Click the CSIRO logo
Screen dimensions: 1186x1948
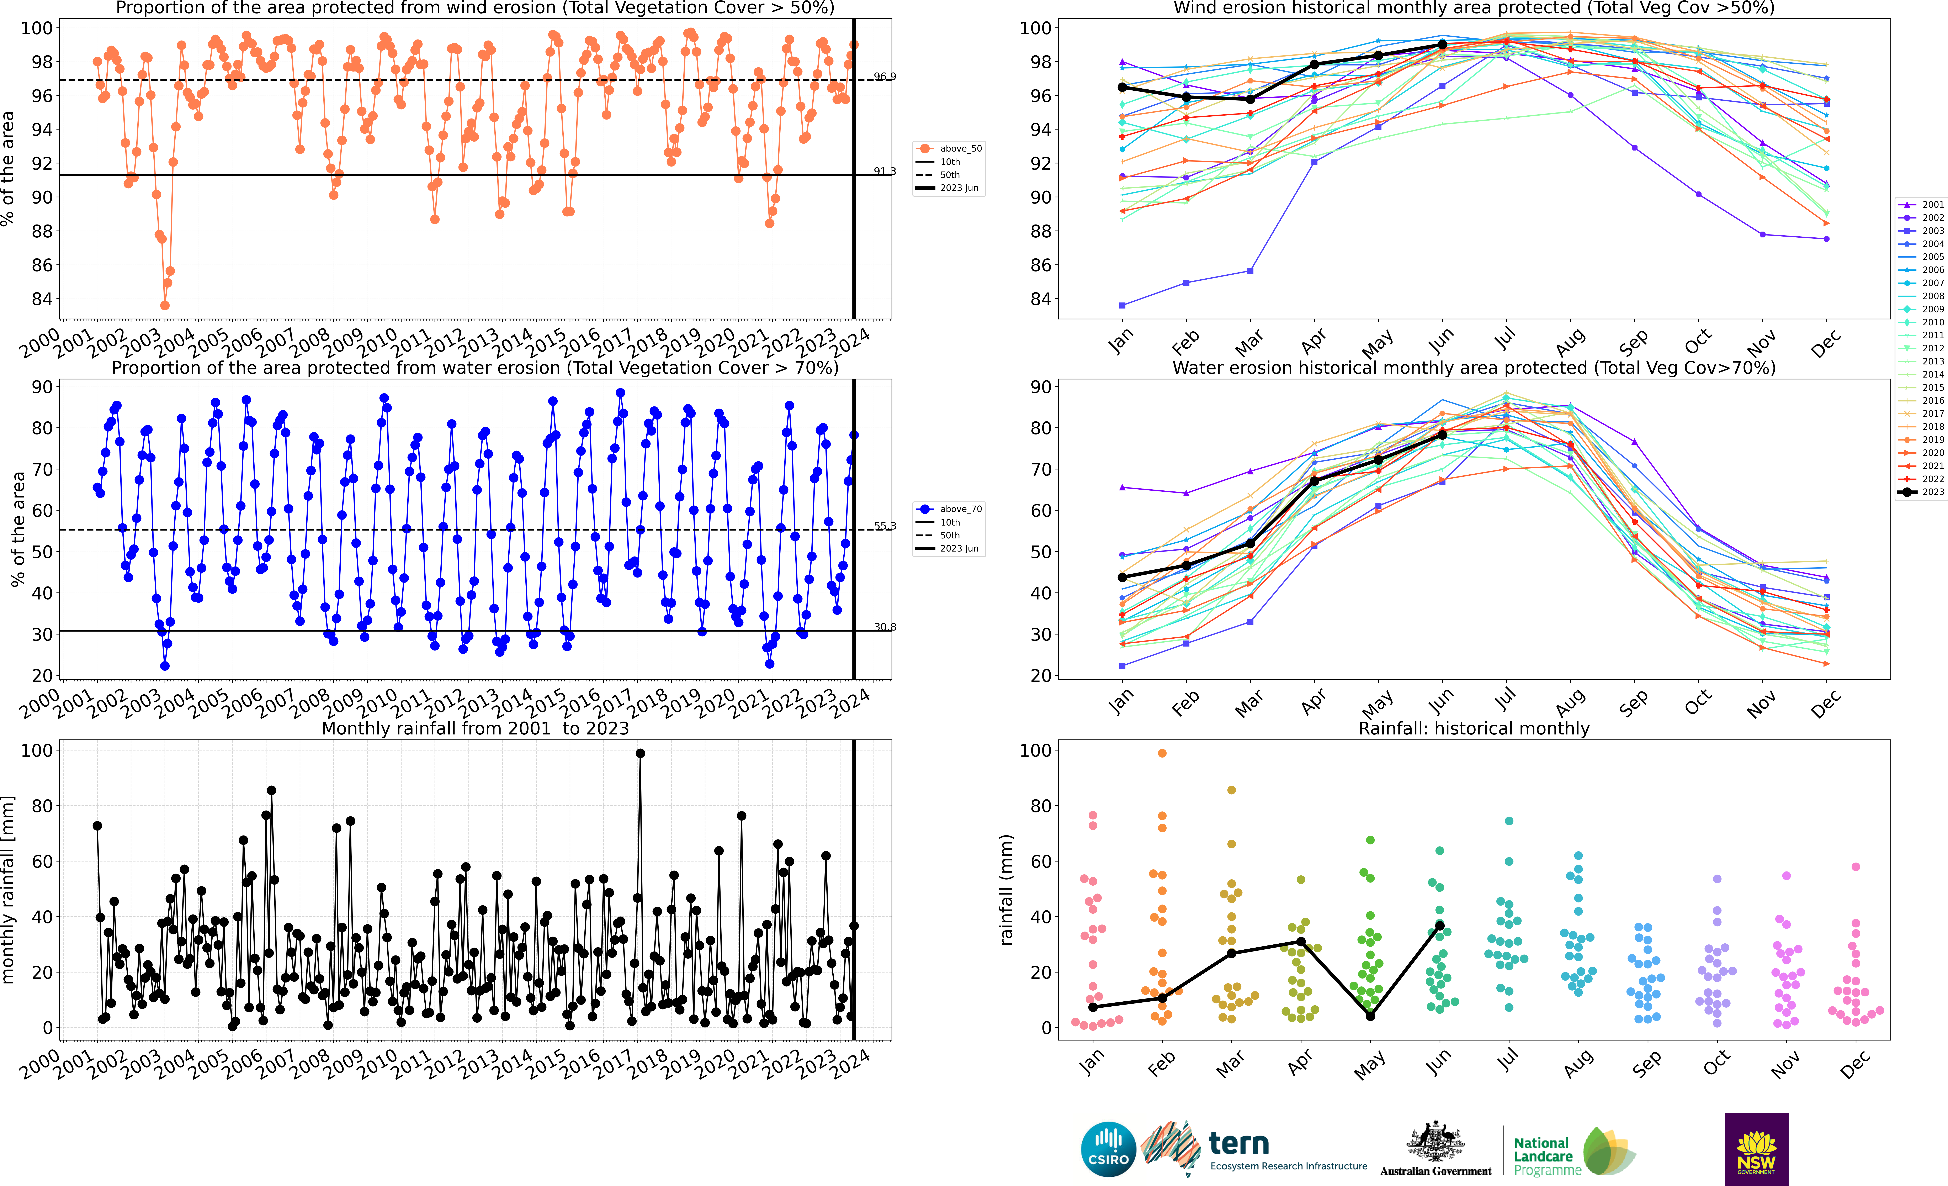tap(1108, 1149)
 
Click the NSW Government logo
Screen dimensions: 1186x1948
tap(1756, 1149)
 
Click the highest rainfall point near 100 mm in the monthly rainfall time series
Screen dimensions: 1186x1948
tap(640, 754)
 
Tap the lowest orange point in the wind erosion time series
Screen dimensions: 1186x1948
tap(164, 305)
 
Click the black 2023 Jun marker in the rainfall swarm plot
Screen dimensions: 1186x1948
tap(1440, 926)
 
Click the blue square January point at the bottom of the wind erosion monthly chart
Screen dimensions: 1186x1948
tap(1123, 305)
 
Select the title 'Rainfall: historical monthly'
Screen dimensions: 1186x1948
tap(1474, 728)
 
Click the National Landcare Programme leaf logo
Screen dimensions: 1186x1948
tap(1609, 1151)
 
